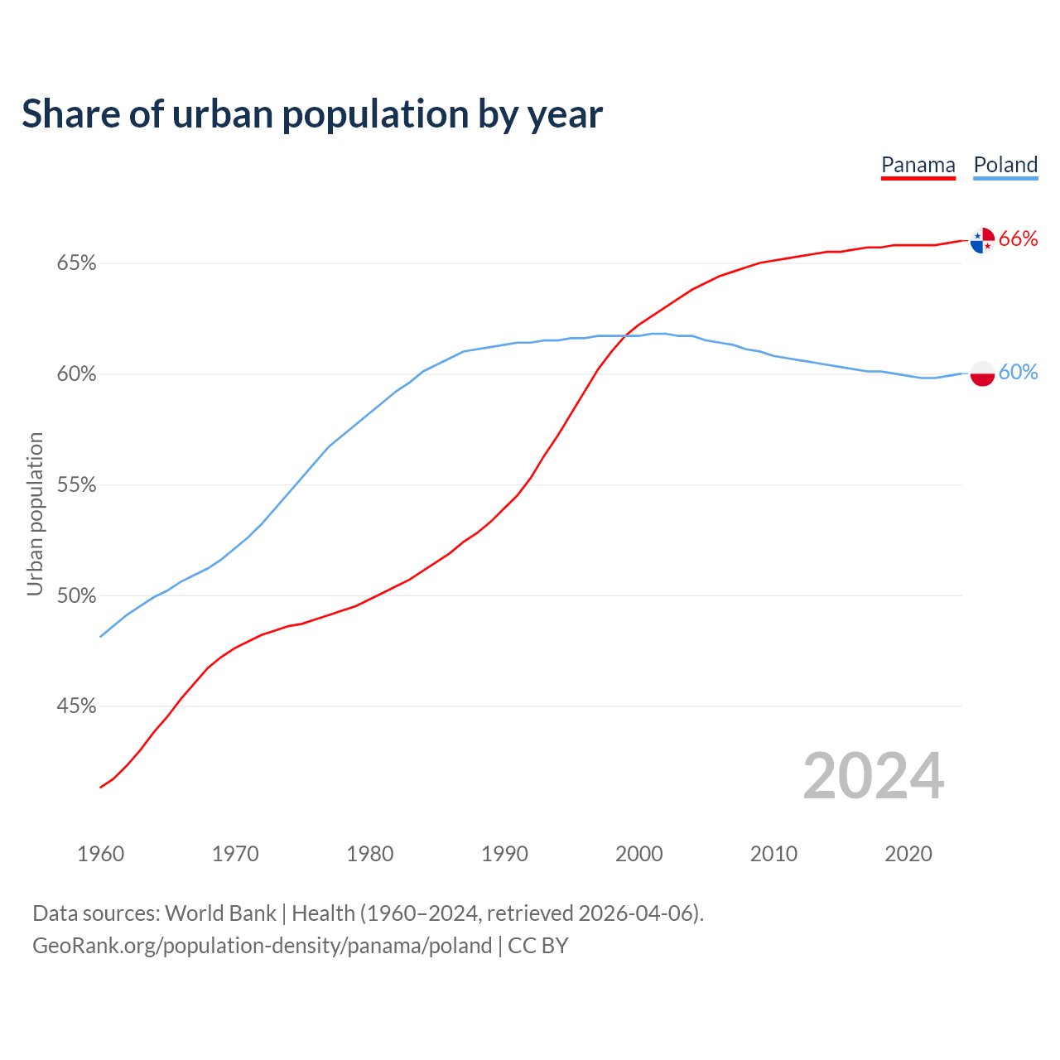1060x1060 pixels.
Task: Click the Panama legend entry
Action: tap(918, 165)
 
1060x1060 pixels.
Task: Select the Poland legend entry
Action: tap(1005, 165)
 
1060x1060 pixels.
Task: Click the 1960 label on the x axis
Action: tap(100, 854)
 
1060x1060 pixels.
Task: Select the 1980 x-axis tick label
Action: tap(370, 854)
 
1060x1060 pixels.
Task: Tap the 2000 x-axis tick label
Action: tap(639, 854)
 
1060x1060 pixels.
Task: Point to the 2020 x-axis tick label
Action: tap(908, 854)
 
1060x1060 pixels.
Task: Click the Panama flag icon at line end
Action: tap(982, 240)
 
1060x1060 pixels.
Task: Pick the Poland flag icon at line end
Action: tap(982, 373)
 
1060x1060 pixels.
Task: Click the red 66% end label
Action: tap(1019, 239)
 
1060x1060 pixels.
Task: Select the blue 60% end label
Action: tap(1019, 373)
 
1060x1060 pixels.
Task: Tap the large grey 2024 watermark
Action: tap(874, 776)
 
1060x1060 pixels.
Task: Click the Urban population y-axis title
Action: tap(35, 513)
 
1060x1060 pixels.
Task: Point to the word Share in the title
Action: tap(70, 114)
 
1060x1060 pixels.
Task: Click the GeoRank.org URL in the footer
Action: tap(262, 946)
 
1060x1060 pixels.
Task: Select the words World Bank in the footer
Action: tap(220, 913)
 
